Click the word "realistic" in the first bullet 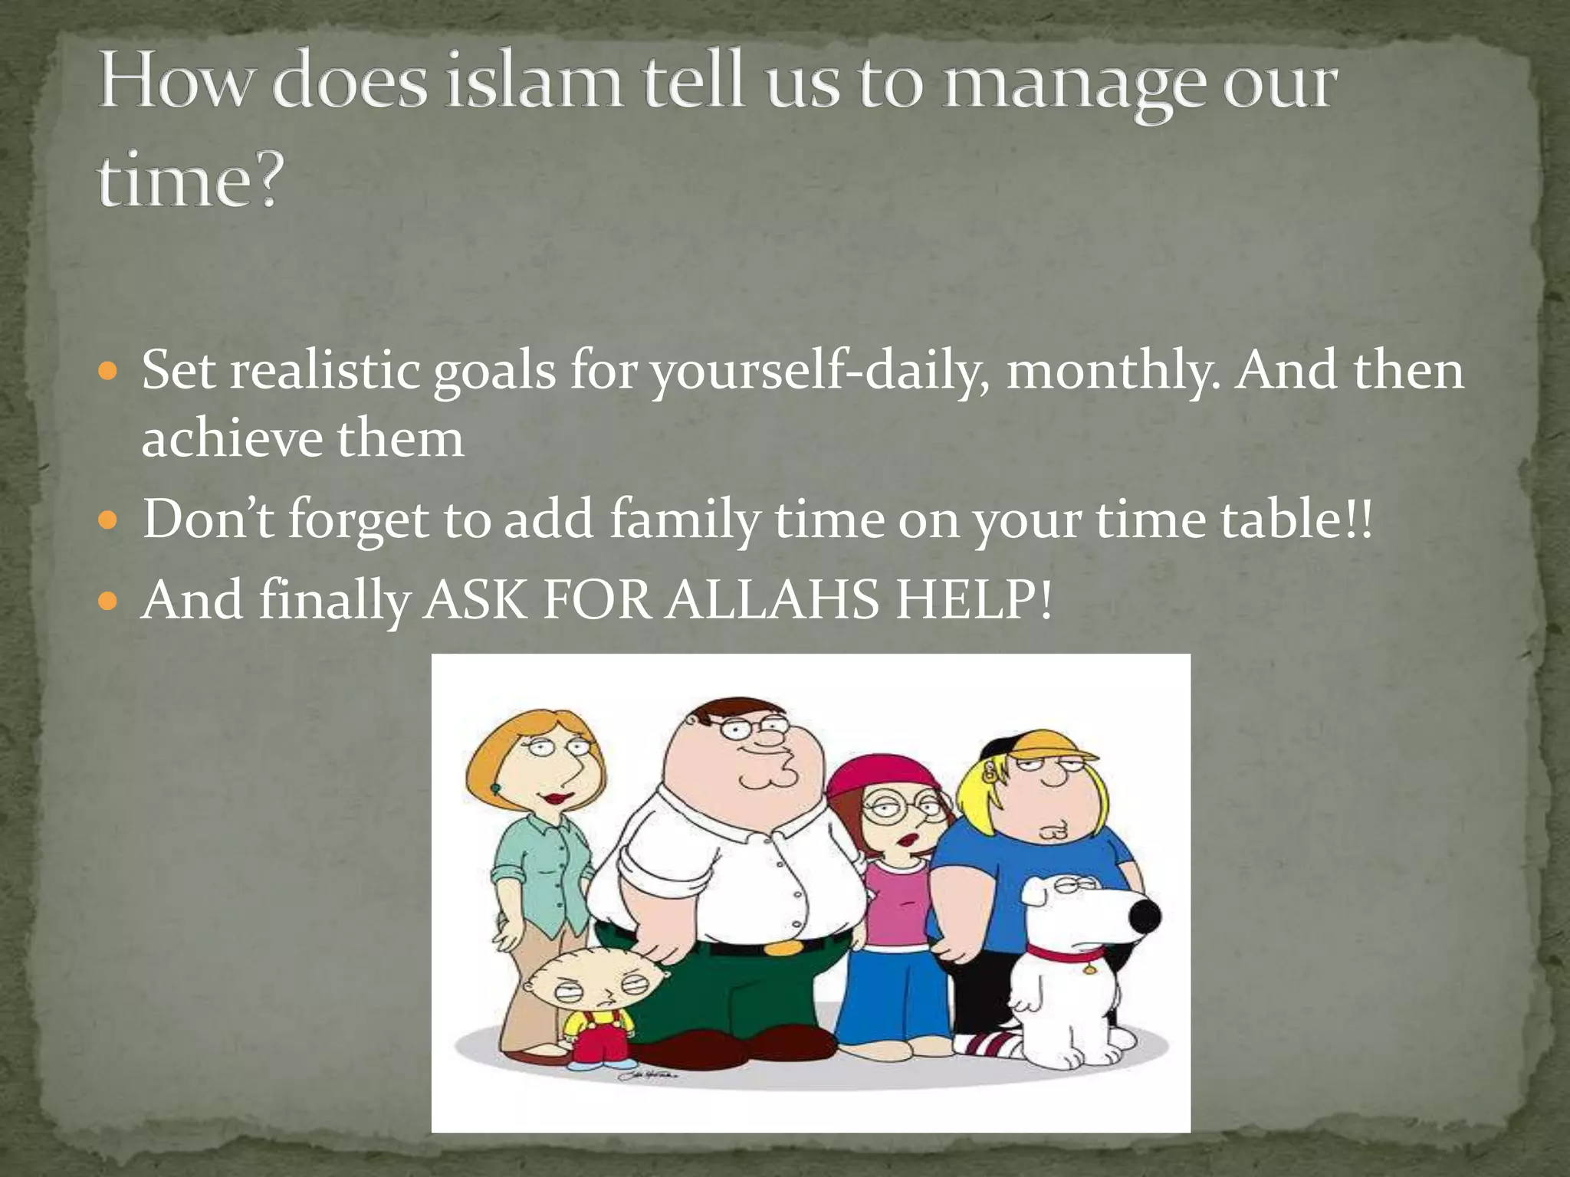pos(324,372)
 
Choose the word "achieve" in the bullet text pos(231,440)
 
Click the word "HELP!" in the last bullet pos(974,599)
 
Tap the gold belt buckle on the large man pos(779,947)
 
